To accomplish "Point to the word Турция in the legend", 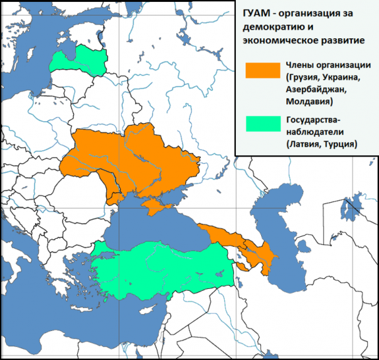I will click(339, 143).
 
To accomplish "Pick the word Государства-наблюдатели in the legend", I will click(316, 125).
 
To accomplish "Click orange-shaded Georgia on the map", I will click(220, 236).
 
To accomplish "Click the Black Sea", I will click(151, 229).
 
